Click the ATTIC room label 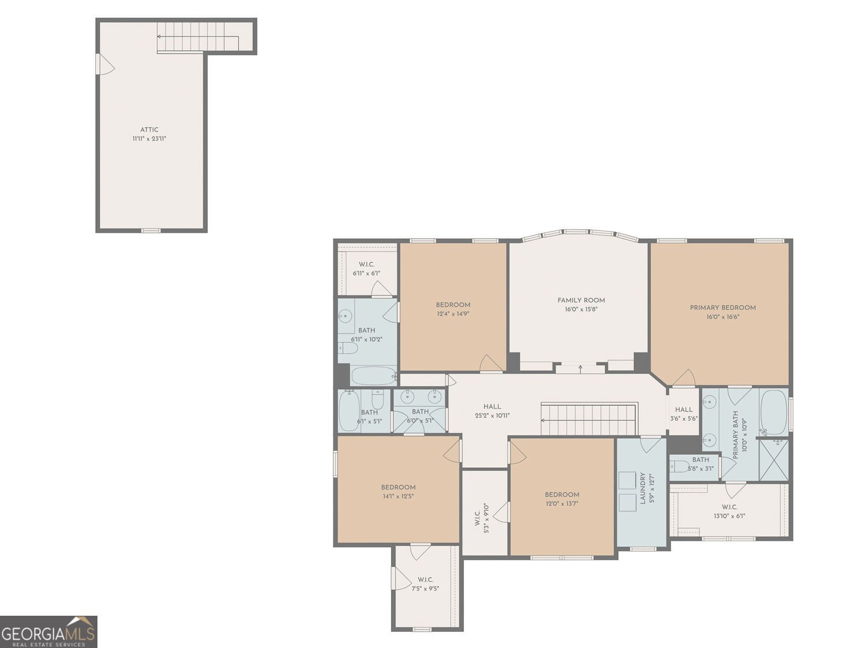pyautogui.click(x=149, y=130)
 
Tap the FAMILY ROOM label pyautogui.click(x=581, y=300)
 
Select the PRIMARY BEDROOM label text pyautogui.click(x=723, y=308)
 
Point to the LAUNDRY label pyautogui.click(x=643, y=488)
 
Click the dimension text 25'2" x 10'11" pyautogui.click(x=492, y=415)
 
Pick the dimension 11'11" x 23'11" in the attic pyautogui.click(x=149, y=138)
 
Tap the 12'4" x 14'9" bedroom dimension pyautogui.click(x=453, y=313)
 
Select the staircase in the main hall pyautogui.click(x=589, y=419)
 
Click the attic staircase pyautogui.click(x=198, y=37)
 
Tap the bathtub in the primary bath pyautogui.click(x=773, y=412)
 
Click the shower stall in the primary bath pyautogui.click(x=773, y=460)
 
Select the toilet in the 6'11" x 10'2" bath pyautogui.click(x=348, y=348)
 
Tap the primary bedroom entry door pyautogui.click(x=685, y=378)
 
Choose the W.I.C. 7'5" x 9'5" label pyautogui.click(x=425, y=584)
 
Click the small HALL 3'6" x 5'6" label pyautogui.click(x=684, y=414)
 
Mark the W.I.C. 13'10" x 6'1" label pyautogui.click(x=729, y=511)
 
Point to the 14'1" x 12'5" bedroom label pyautogui.click(x=398, y=492)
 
